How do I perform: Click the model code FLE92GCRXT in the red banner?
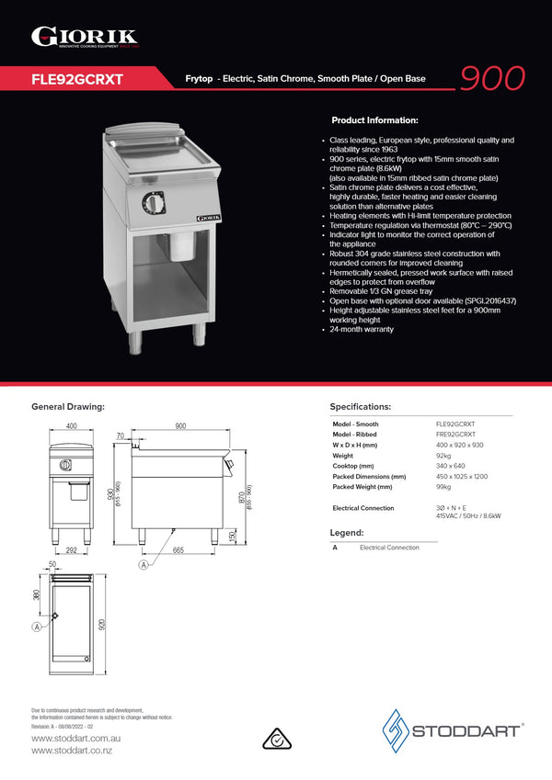point(77,79)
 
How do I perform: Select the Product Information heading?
point(374,120)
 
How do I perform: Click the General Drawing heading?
point(68,406)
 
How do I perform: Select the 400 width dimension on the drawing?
point(72,426)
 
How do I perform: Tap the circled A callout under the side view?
point(144,565)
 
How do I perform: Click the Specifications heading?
point(361,406)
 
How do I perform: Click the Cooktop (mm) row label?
point(354,466)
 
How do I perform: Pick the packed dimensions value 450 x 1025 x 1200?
point(462,477)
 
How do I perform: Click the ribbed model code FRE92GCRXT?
point(455,434)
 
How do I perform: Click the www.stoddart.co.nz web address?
point(72,751)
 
